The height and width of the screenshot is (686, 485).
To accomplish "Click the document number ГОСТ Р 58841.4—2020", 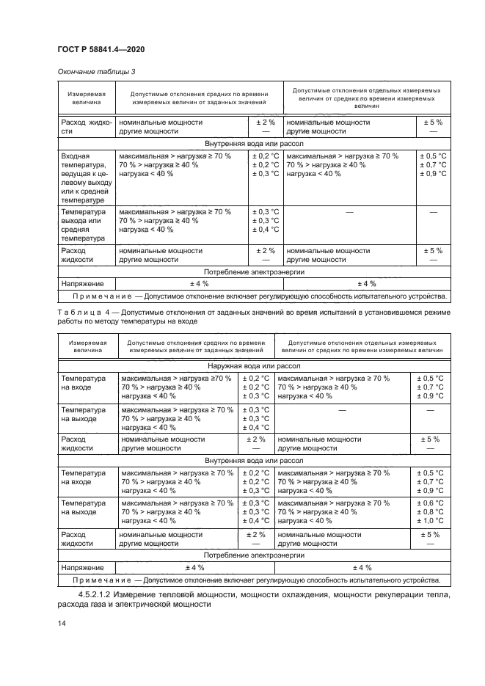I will (x=101, y=49).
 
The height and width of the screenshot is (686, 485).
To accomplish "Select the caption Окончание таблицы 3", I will (x=95, y=71).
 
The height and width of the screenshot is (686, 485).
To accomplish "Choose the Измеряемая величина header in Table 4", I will (x=87, y=346).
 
